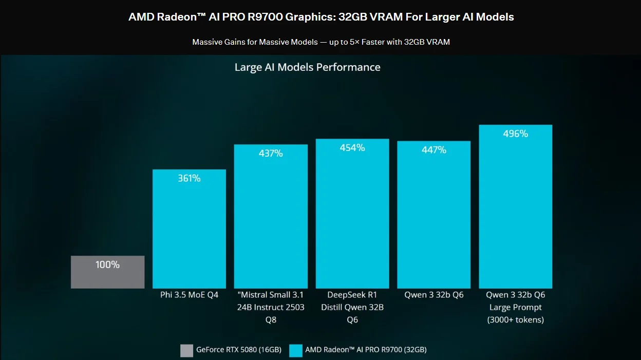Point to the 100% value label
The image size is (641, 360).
107,265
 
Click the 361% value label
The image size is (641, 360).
189,178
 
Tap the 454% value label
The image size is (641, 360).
352,148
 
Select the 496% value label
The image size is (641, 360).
515,134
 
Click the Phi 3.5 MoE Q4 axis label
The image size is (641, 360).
189,295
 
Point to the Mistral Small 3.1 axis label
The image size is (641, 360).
271,295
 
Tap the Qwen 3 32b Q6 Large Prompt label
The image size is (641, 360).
515,301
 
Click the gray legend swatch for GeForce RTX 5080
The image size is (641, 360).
187,350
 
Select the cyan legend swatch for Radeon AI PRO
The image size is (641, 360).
296,350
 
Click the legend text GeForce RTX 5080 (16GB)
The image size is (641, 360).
239,350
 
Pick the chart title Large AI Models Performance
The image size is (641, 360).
307,67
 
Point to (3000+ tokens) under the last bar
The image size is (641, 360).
515,320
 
